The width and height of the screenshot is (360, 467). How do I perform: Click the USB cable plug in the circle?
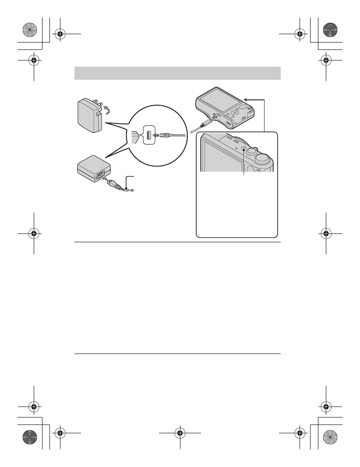click(164, 135)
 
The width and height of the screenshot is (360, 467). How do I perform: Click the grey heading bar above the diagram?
click(177, 73)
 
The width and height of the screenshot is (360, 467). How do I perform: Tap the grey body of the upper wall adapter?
click(88, 115)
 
